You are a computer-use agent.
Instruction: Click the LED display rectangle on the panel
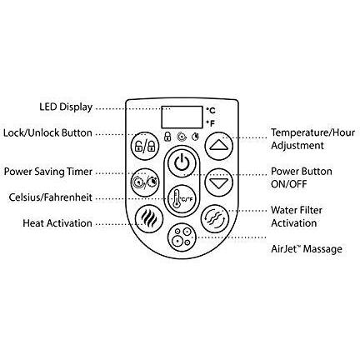(182, 117)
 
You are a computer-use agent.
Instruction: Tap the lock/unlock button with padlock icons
(145, 146)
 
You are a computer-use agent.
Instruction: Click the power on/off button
(182, 162)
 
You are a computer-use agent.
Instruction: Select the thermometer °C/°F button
(182, 199)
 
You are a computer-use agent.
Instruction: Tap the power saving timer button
(145, 182)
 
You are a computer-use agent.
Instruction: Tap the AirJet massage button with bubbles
(182, 237)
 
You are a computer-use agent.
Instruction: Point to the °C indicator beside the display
(211, 111)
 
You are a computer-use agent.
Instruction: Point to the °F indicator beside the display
(211, 123)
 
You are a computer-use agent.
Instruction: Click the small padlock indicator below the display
(167, 137)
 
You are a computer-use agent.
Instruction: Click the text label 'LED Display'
(66, 107)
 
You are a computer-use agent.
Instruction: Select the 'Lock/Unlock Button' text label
(47, 132)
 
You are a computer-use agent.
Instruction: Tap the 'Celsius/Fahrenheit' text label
(50, 197)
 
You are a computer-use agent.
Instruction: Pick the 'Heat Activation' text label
(57, 223)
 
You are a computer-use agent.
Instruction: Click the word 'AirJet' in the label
(284, 249)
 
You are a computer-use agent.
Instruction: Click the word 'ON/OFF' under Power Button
(289, 184)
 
